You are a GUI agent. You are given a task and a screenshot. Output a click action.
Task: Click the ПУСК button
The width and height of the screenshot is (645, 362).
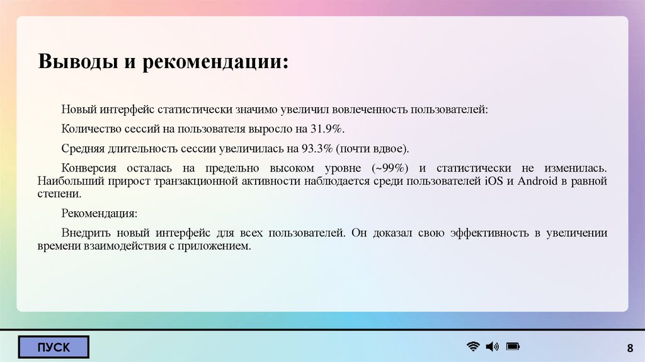pyautogui.click(x=54, y=347)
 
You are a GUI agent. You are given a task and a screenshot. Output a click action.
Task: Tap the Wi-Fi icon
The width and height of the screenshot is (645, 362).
pyautogui.click(x=472, y=346)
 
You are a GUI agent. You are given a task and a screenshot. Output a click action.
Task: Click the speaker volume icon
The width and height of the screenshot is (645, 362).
pyautogui.click(x=492, y=346)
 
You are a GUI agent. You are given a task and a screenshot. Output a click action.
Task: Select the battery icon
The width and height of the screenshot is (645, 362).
pyautogui.click(x=512, y=346)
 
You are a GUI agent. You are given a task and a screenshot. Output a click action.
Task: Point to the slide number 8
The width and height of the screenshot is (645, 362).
pyautogui.click(x=629, y=349)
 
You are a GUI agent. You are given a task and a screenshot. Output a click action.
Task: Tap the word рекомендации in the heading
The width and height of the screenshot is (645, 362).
pyautogui.click(x=218, y=62)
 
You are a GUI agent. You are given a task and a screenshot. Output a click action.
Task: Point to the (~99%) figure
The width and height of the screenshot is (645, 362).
pyautogui.click(x=391, y=169)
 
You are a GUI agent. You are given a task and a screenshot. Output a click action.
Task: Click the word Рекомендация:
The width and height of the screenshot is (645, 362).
pyautogui.click(x=99, y=213)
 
